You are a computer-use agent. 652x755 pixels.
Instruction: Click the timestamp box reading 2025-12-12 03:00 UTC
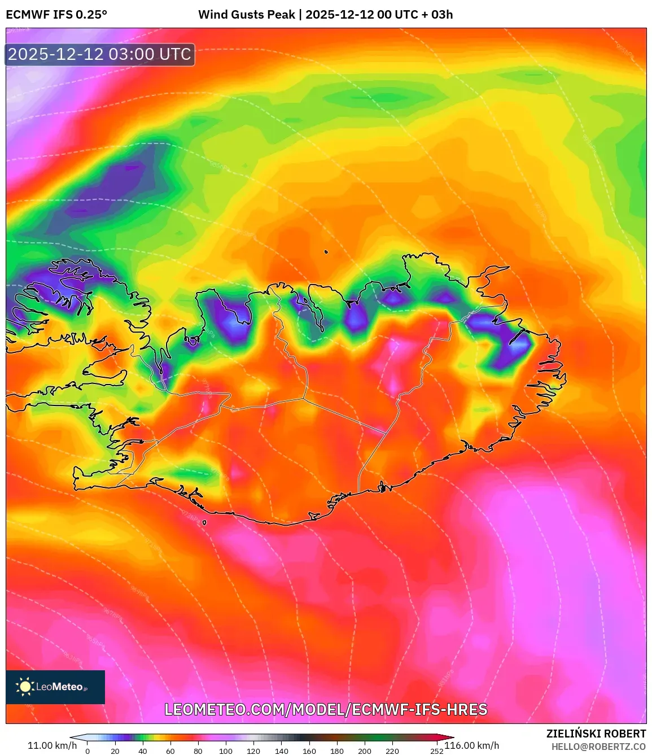[x=100, y=54]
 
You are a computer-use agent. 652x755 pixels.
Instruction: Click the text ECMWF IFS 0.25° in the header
[x=56, y=15]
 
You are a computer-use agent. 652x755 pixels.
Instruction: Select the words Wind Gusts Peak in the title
[x=247, y=15]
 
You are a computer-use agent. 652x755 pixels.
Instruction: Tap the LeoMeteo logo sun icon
[x=25, y=687]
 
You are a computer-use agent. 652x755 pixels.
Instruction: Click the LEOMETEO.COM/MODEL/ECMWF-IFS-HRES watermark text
[x=326, y=709]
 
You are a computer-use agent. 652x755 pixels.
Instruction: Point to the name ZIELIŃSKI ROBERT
[x=596, y=734]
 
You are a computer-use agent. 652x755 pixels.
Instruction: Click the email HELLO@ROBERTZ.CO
[x=598, y=747]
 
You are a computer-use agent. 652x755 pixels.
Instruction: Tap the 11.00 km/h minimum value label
[x=52, y=745]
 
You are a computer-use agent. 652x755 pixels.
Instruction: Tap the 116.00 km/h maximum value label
[x=472, y=745]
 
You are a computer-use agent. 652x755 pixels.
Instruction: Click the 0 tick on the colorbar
[x=87, y=751]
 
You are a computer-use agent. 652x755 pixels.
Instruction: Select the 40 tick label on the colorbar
[x=143, y=751]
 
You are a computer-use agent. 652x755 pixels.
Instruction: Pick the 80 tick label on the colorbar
[x=198, y=751]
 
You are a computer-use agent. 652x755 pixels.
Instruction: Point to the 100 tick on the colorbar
[x=226, y=751]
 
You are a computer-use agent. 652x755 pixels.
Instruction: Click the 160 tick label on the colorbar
[x=309, y=751]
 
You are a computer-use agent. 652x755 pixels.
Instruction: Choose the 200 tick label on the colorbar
[x=365, y=751]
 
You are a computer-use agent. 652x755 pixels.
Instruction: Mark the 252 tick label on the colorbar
[x=436, y=751]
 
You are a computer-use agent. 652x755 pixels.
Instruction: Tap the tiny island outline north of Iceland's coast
[x=326, y=252]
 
